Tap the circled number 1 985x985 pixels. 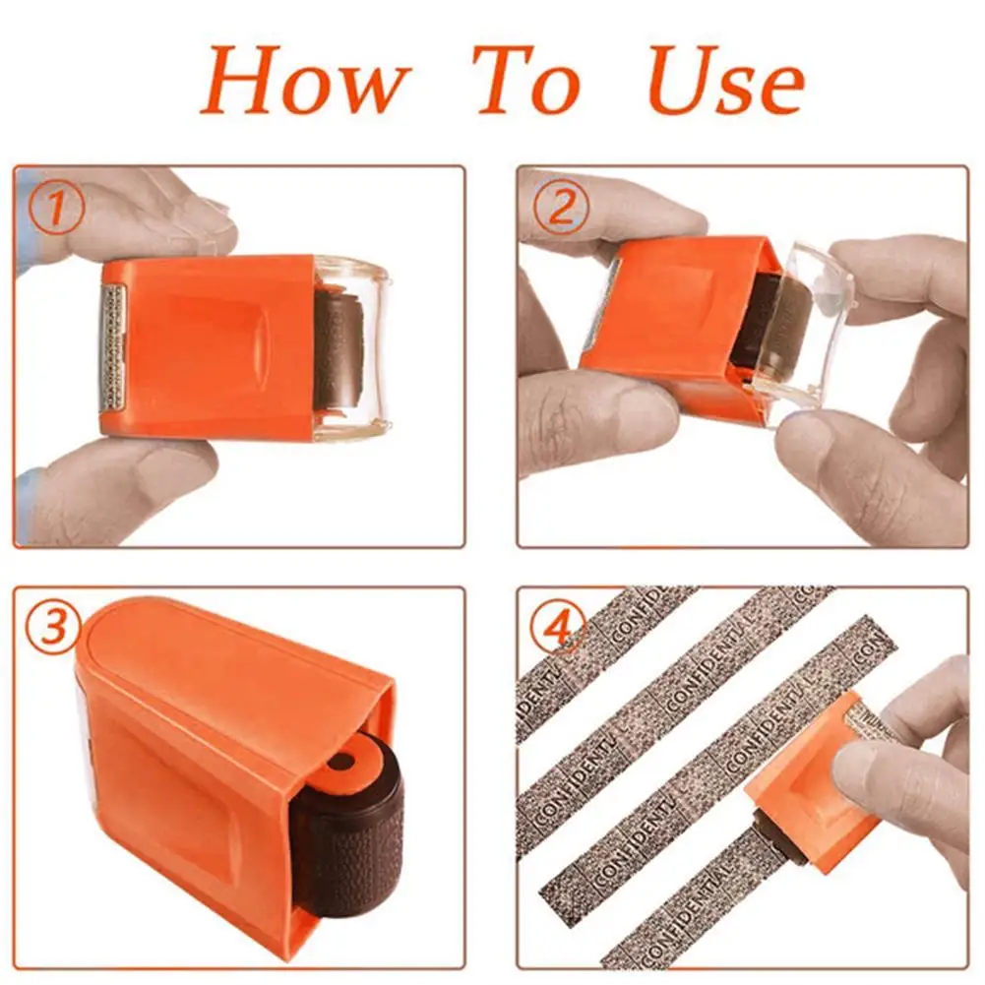click(57, 210)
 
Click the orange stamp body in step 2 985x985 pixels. click(669, 315)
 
